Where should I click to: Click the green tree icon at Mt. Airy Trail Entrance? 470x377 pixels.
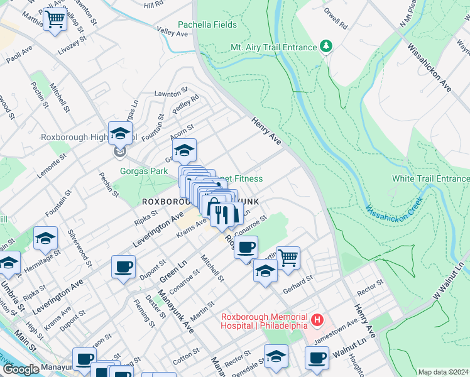326,46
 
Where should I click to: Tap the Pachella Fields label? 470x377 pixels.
207,25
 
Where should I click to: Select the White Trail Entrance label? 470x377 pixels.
430,178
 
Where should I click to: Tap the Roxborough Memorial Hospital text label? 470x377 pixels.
264,321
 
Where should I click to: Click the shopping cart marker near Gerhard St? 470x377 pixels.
288,257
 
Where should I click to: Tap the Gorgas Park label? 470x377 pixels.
144,171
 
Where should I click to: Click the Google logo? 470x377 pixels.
20,369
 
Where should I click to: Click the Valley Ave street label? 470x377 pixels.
173,31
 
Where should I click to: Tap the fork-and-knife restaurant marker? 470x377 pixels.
221,216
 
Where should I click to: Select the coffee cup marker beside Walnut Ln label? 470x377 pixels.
317,358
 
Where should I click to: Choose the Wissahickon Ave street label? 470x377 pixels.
429,68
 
